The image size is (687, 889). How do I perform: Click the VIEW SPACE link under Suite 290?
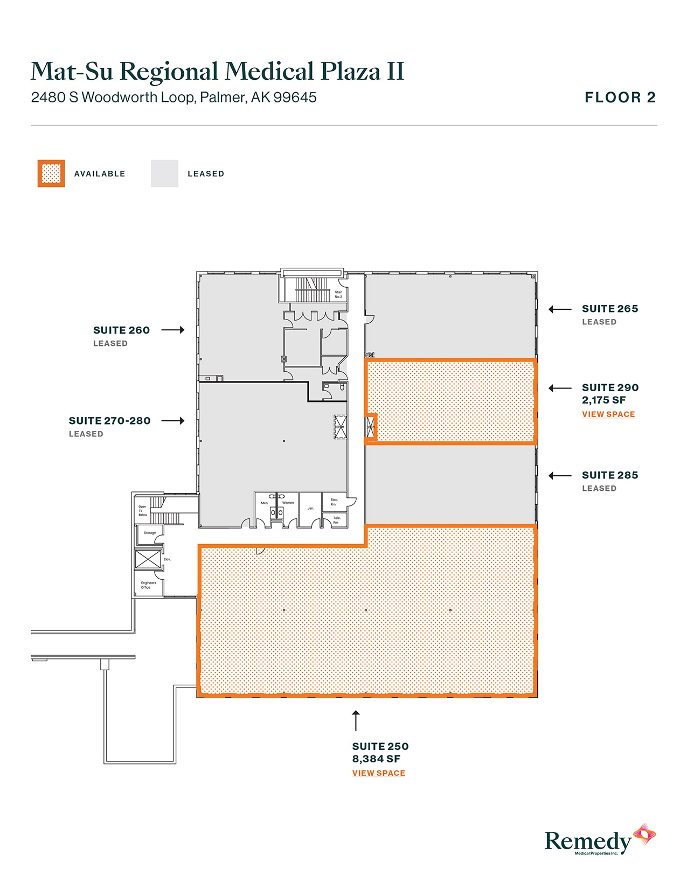tap(608, 414)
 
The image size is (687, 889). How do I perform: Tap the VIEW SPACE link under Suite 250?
tap(378, 773)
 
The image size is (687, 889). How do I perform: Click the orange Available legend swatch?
tap(51, 173)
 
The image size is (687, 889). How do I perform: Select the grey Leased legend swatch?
tap(164, 173)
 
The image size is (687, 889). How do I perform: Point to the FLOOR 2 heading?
tap(620, 98)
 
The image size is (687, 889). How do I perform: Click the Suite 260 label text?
tap(121, 330)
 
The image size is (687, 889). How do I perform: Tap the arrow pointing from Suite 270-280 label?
tap(173, 421)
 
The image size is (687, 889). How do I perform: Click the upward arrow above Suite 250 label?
tap(356, 720)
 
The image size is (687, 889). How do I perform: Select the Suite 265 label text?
tap(609, 309)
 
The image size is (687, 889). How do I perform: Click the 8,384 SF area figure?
tap(376, 759)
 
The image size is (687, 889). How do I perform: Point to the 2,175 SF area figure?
tap(603, 400)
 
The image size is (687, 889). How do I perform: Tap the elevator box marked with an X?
tap(148, 559)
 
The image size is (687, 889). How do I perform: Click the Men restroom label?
tap(264, 503)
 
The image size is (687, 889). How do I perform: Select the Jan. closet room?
tap(310, 509)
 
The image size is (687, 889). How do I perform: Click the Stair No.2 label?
tap(338, 294)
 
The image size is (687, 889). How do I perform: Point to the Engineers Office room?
tap(148, 585)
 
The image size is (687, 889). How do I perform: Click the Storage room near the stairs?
tap(149, 533)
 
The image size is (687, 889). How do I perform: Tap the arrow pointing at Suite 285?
tap(560, 476)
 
